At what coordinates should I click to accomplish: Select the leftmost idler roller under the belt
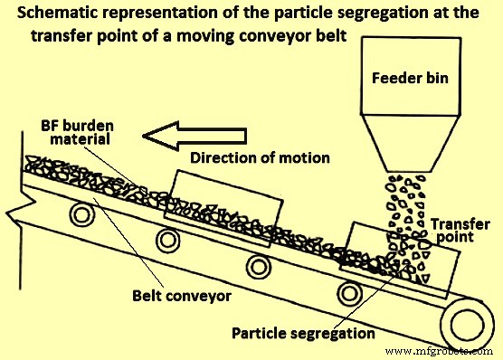83,217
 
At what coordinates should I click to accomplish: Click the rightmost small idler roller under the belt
347,294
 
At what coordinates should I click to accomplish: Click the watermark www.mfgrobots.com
441,348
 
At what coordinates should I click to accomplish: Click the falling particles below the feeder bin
404,213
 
